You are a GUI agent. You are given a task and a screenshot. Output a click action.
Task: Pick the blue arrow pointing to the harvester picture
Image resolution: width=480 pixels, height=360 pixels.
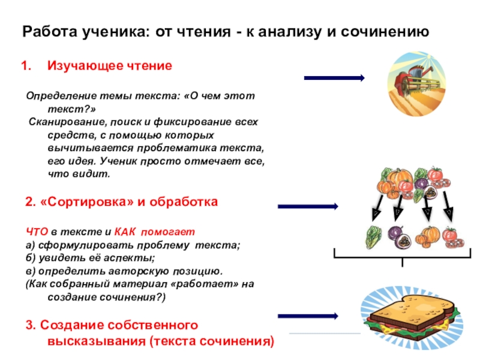(334, 78)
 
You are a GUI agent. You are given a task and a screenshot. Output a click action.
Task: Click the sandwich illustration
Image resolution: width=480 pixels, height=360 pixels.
(408, 317)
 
